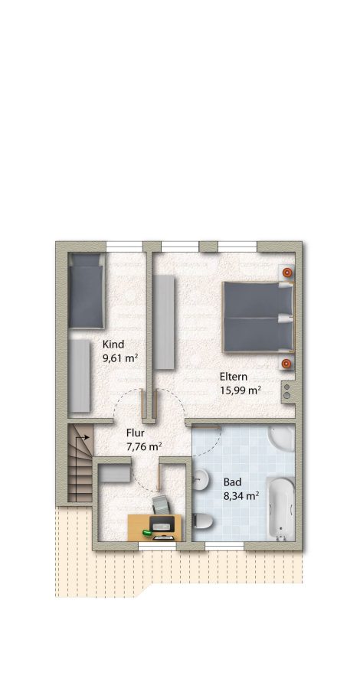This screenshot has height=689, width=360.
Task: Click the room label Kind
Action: coord(113,344)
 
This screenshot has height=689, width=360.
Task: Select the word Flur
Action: coord(136,433)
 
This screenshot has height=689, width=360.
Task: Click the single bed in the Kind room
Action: coord(86,290)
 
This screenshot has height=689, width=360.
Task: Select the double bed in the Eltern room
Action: coord(257,317)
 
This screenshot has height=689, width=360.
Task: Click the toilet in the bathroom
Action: coord(203,521)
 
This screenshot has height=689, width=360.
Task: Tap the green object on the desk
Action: coord(147,533)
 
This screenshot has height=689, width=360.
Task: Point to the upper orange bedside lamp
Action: coord(286,273)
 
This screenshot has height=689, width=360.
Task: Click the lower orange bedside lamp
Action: coord(286,363)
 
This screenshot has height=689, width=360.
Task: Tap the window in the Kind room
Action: coord(124,247)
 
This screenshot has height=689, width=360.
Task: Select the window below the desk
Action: coord(157,546)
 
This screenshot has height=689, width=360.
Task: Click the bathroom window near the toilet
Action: coord(224,546)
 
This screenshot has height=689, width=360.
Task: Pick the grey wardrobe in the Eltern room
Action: coord(163,322)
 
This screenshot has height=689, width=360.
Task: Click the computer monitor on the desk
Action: coord(164,524)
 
